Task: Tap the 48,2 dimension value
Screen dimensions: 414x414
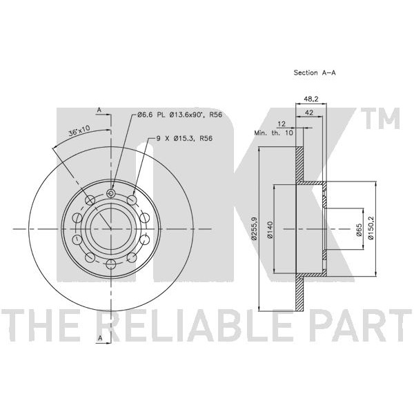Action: [x=312, y=99]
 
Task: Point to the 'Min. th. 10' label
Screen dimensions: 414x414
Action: [x=273, y=131]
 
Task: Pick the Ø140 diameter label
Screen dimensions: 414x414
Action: [x=270, y=229]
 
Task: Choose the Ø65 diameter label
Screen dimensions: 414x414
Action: [x=359, y=230]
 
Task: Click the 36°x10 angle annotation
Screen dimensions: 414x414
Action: [x=79, y=130]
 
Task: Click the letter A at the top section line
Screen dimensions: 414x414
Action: [x=99, y=110]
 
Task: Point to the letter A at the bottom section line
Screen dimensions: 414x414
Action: [x=99, y=337]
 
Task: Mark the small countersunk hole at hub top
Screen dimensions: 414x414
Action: [x=110, y=195]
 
